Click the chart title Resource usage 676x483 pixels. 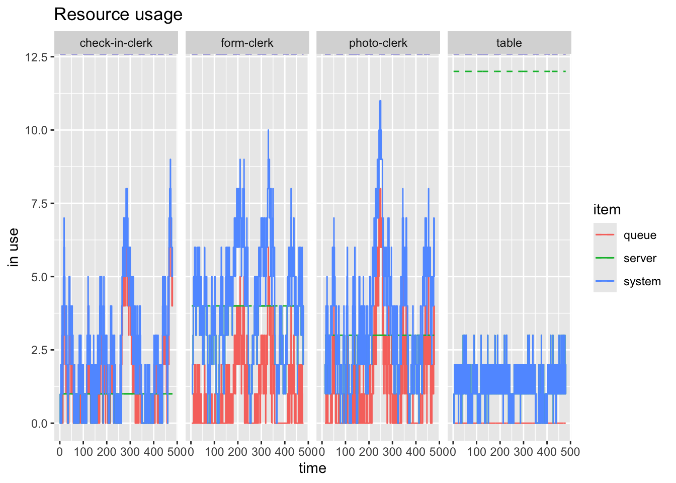118,15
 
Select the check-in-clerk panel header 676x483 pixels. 116,43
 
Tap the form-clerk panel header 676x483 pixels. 247,43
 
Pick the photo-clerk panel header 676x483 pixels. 378,43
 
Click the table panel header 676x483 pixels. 509,43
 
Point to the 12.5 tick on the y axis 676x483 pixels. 36,57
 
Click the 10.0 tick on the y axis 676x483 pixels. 36,130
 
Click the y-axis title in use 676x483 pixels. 14,247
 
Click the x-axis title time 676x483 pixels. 312,468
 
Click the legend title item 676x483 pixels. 607,210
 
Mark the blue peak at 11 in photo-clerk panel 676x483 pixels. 380,101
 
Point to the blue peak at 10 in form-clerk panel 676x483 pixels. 268,130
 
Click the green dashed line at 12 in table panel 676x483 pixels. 509,71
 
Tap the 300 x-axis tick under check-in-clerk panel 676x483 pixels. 130,452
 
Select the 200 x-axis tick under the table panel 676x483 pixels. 500,452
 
